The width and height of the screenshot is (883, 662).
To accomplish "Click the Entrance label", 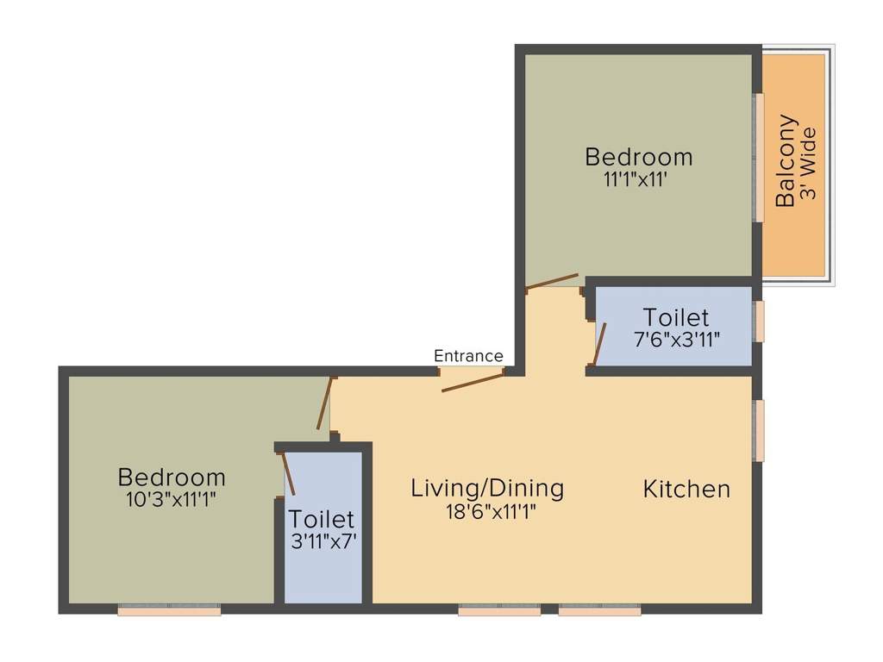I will (468, 356).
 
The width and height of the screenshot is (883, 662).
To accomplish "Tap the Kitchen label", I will (686, 490).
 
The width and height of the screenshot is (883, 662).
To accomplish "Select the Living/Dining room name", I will (487, 488).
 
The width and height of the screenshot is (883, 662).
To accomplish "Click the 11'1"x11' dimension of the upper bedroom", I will (638, 180).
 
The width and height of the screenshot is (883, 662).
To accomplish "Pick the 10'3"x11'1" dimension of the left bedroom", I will (172, 498).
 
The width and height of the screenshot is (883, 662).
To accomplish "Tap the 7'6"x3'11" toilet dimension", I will (677, 340).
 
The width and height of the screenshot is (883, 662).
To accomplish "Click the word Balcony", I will (786, 160).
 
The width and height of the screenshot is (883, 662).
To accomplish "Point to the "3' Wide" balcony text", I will (808, 164).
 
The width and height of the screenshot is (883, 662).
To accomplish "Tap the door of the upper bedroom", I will (552, 281).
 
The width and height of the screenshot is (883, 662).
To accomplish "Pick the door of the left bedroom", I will (323, 403).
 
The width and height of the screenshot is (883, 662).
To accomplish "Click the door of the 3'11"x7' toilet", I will (289, 473).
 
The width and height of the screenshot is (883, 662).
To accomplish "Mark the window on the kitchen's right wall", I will (759, 430).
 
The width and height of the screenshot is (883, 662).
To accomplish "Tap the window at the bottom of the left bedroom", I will (169, 610).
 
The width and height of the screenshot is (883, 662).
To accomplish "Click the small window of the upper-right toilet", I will (759, 322).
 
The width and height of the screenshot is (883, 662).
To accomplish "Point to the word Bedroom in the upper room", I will (638, 157).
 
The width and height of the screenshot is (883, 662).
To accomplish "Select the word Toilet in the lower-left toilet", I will (322, 520).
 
